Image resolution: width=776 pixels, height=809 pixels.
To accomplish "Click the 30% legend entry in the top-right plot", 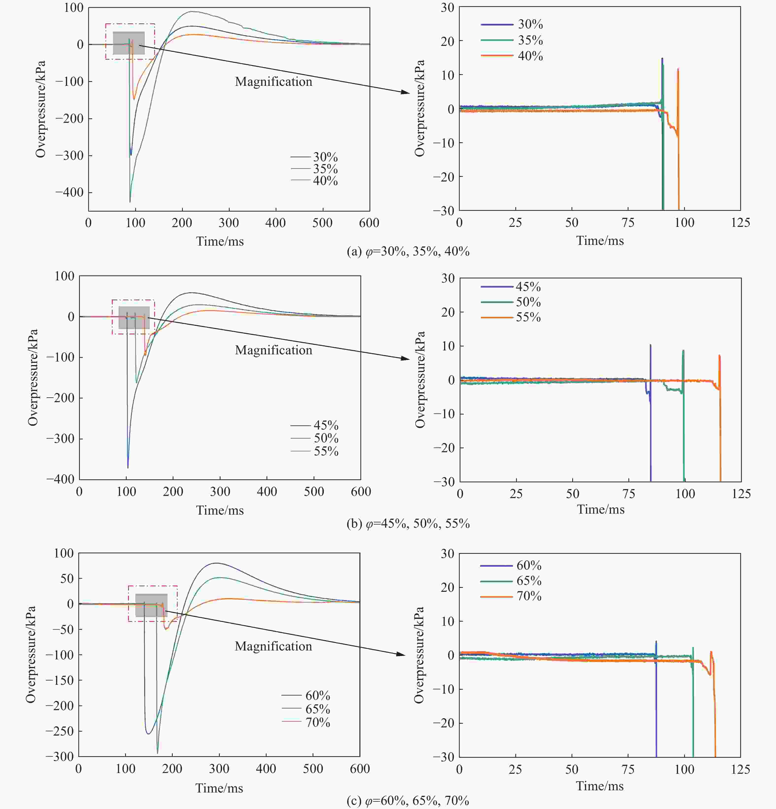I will click(x=530, y=24).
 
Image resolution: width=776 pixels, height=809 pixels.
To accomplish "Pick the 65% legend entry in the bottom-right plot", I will click(x=529, y=581).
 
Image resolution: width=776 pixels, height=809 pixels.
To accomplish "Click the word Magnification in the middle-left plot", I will click(x=273, y=350).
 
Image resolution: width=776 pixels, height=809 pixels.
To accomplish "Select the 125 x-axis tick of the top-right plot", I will click(x=740, y=223).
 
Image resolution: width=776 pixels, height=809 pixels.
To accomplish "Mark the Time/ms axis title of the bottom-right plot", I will click(x=600, y=786).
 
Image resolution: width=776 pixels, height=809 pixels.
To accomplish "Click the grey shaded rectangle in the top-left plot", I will click(x=129, y=43).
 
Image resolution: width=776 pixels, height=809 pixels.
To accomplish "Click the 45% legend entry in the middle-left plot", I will click(x=326, y=425).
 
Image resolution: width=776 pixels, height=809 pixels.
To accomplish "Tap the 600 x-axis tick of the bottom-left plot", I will click(x=360, y=769).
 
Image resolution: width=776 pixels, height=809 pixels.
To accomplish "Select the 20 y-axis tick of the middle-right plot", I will click(x=448, y=312).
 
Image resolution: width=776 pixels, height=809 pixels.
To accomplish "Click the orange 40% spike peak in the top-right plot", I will click(x=678, y=69).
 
